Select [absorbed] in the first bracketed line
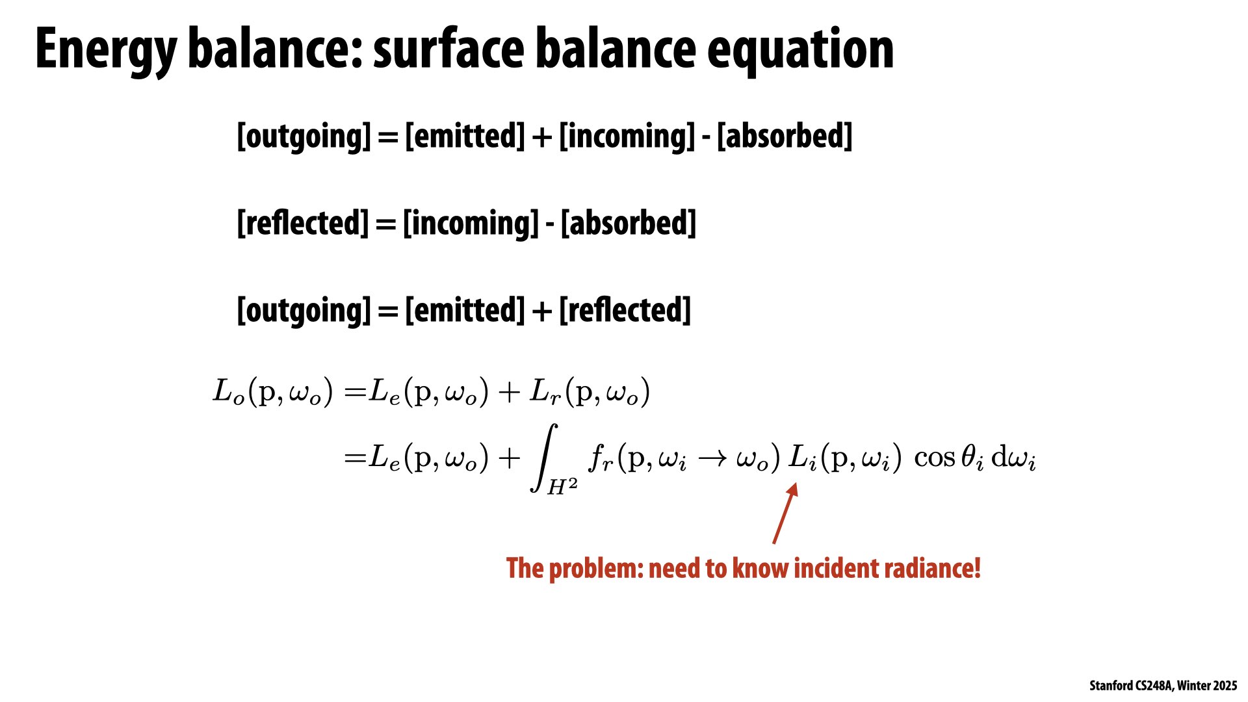click(785, 136)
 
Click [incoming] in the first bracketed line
click(627, 136)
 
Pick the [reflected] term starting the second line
click(303, 223)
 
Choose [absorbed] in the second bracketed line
click(629, 223)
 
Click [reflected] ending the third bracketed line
click(625, 310)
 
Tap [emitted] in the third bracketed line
click(465, 310)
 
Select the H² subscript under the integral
click(562, 486)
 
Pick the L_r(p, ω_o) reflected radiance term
click(590, 392)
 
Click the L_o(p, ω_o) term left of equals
click(273, 392)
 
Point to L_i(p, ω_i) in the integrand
click(845, 458)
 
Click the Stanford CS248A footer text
click(1163, 686)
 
